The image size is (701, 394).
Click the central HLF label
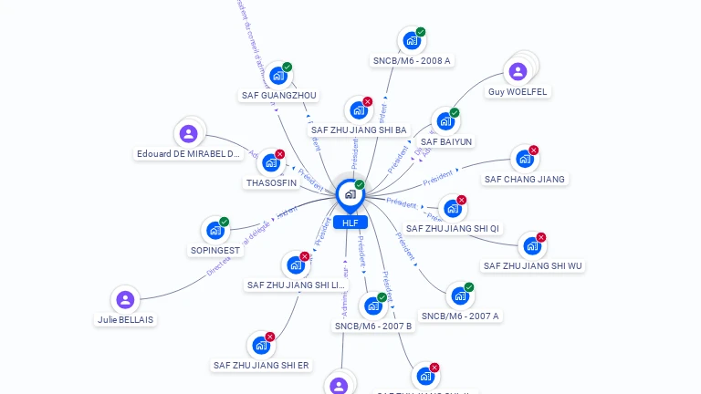point(350,223)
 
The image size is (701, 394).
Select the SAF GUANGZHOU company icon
point(278,76)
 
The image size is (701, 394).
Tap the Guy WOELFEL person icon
point(518,71)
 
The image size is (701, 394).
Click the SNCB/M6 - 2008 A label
point(412,60)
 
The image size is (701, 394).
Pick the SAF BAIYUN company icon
point(445,121)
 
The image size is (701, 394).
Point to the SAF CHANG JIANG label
point(524,179)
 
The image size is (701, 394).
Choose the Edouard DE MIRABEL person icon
point(189,133)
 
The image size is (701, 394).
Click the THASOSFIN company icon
point(271,163)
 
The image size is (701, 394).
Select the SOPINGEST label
point(215,250)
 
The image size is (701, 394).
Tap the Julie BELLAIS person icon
point(126,299)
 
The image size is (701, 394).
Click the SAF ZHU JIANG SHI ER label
point(261,365)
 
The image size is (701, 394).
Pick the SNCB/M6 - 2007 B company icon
point(373,306)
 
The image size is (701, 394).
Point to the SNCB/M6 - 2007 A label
point(460,316)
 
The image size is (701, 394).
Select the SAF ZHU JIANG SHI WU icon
point(531,246)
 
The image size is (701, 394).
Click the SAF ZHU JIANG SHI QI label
point(453,228)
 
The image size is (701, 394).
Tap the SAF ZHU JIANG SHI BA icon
point(359,110)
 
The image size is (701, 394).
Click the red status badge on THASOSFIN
point(280,154)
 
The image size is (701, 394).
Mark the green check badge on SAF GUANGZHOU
point(288,67)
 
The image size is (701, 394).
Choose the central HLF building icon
point(350,194)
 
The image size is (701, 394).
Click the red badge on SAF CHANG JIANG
point(534,150)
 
